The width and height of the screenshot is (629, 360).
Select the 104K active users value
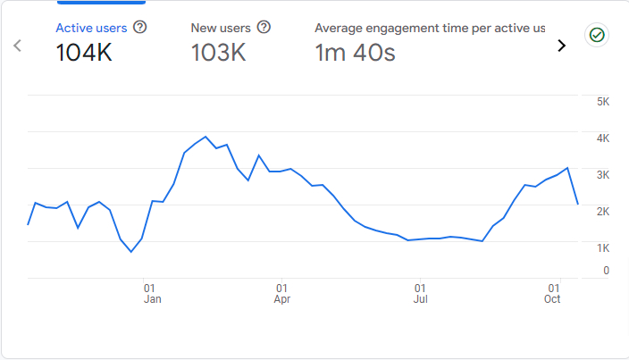point(84,54)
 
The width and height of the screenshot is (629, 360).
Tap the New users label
point(221,28)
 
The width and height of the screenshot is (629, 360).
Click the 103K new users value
point(218,54)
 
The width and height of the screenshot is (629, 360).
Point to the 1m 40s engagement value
point(355,54)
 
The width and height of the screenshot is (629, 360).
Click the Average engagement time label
point(430,28)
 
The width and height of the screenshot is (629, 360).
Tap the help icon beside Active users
point(139,28)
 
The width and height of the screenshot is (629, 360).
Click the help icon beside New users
point(264,28)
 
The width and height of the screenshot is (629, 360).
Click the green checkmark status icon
point(596,36)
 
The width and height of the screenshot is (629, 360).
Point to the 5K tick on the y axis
point(603,102)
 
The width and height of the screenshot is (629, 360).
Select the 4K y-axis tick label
point(603,138)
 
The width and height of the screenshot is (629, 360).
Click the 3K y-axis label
point(603,175)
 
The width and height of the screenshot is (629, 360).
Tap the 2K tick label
point(603,212)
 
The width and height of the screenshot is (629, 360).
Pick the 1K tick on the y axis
point(603,247)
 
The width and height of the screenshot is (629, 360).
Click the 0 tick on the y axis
point(607,270)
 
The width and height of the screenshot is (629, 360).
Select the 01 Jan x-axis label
point(151,294)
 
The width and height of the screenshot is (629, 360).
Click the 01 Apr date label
point(282,294)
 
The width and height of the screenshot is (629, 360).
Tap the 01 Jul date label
point(420,294)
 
